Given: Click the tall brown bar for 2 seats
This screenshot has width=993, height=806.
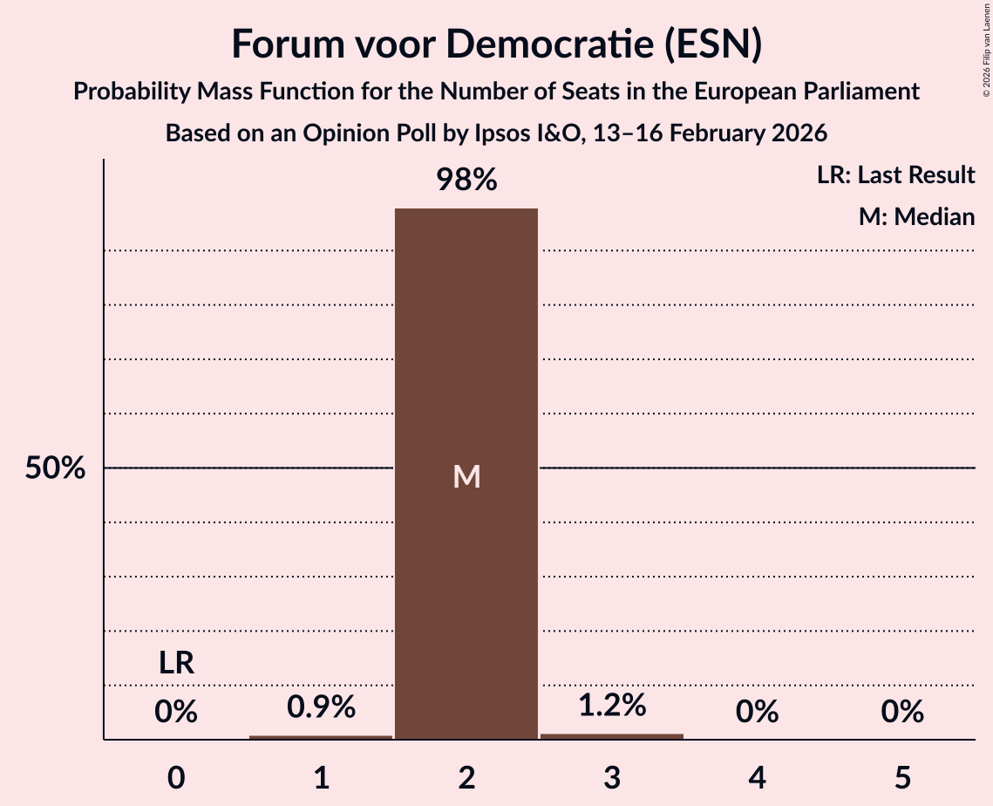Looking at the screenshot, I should [466, 349].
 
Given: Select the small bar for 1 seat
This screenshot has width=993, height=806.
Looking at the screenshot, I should [321, 737].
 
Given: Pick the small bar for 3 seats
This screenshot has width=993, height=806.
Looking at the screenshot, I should [612, 736].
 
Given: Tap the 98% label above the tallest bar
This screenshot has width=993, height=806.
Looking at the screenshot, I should [466, 181].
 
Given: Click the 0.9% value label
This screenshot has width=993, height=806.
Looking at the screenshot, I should [321, 707].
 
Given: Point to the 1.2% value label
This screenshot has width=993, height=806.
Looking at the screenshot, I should [612, 705].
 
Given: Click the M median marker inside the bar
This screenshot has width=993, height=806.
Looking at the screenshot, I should [466, 476].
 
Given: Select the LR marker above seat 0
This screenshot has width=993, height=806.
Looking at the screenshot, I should [176, 664].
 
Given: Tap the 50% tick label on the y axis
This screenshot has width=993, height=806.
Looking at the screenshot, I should [55, 468].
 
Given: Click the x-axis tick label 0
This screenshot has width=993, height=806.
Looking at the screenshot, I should [176, 777].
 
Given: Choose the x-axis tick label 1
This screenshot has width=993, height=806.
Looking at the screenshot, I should [321, 777].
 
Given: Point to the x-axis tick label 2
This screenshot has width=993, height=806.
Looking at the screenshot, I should [466, 777].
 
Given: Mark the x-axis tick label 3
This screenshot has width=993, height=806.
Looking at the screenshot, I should [612, 777].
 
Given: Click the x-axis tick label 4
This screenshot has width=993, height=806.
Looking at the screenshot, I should [757, 777].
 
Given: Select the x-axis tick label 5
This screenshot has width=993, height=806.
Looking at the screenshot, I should [902, 777].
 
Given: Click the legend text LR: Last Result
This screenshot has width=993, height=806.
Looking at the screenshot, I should [895, 175].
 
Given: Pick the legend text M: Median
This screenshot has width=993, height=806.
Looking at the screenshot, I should [916, 216].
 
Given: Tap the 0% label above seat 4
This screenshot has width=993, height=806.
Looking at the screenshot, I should [757, 713].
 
